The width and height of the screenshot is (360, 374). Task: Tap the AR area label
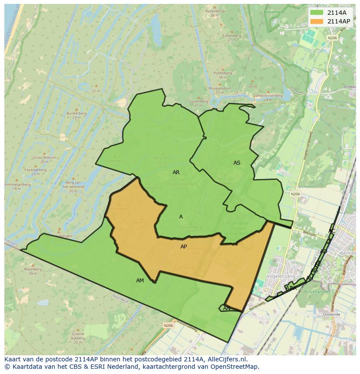(176, 172)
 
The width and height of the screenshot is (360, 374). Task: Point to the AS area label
(237, 163)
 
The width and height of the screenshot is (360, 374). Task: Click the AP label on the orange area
(183, 247)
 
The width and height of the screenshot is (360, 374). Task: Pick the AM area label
(140, 281)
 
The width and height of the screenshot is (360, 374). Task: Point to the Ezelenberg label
(231, 36)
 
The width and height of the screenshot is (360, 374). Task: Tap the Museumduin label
(219, 88)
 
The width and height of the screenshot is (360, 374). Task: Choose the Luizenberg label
(199, 101)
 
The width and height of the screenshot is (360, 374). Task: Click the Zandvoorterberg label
(268, 96)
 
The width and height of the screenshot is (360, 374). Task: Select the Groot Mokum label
(44, 158)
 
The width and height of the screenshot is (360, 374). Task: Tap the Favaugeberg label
(35, 170)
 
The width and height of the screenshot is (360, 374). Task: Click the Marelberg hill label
(33, 269)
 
